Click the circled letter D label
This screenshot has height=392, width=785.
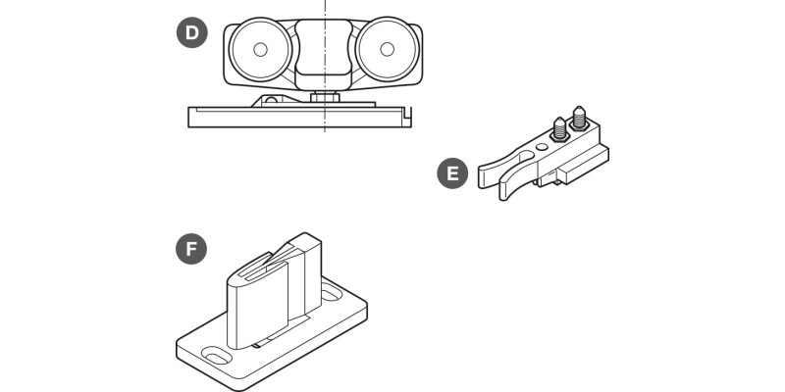[192, 32]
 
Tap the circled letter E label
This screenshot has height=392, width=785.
[451, 174]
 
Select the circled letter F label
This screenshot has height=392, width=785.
[192, 249]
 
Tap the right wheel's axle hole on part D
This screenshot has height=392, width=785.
[386, 48]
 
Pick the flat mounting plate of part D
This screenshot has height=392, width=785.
[294, 118]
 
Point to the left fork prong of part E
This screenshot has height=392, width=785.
[497, 172]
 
